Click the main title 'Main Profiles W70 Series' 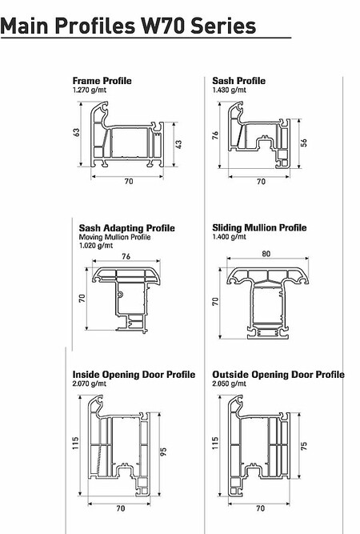coord(128,26)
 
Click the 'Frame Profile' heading coord(102,81)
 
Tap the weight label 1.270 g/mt coord(89,90)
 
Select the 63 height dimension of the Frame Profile coord(77,132)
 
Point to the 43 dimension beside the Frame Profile coord(178,144)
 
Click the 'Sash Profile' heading coord(239,81)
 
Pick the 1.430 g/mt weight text coord(229,90)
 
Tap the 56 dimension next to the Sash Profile coord(304,143)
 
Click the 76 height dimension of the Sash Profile coord(215,135)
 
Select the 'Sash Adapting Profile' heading coord(127,228)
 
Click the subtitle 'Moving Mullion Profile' coord(114,237)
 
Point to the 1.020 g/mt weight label coord(96,246)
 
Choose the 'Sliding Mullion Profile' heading coord(259,227)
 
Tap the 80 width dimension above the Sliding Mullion coord(266,254)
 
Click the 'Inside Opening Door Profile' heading coord(134,375)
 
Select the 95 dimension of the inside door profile coord(163,452)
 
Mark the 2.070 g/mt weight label coord(89,383)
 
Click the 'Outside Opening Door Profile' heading coord(278,375)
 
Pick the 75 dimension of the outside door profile coord(304,446)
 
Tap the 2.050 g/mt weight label coord(229,383)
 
